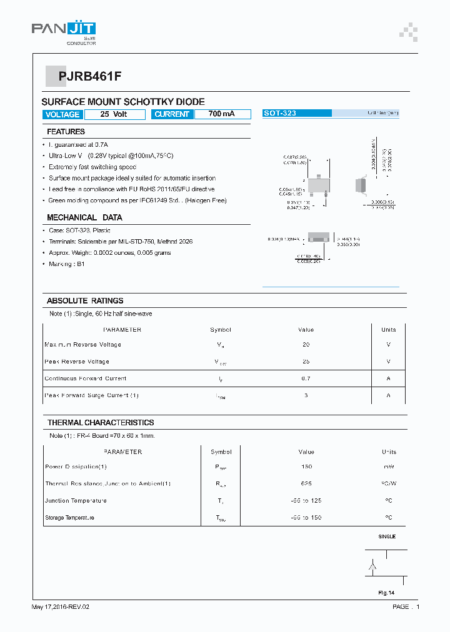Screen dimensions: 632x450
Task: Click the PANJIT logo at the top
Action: (x=63, y=30)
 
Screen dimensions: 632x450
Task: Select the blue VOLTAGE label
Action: (x=62, y=114)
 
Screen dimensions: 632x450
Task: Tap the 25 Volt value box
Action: (x=114, y=114)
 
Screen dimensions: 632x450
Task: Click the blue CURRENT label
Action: (x=171, y=114)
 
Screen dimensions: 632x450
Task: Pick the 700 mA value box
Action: (x=222, y=114)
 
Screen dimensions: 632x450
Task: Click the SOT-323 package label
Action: (x=280, y=114)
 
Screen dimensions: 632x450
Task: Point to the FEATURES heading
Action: (x=66, y=132)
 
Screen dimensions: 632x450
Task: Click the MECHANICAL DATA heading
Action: (x=84, y=218)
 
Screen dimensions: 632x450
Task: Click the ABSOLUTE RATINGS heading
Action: (x=85, y=301)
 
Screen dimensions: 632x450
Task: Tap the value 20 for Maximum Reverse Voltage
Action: (x=306, y=345)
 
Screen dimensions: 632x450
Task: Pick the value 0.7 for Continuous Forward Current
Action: (x=306, y=378)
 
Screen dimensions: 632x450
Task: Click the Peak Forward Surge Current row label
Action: (x=92, y=395)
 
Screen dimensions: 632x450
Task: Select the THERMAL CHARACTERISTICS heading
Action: (x=101, y=423)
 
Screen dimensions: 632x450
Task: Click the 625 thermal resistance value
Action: (x=306, y=483)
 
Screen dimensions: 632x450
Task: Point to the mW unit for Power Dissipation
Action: (x=388, y=467)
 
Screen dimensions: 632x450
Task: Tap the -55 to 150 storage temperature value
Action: (x=306, y=518)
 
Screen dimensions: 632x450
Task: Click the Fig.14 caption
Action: (x=386, y=593)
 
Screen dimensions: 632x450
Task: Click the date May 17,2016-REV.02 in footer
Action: (x=65, y=607)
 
